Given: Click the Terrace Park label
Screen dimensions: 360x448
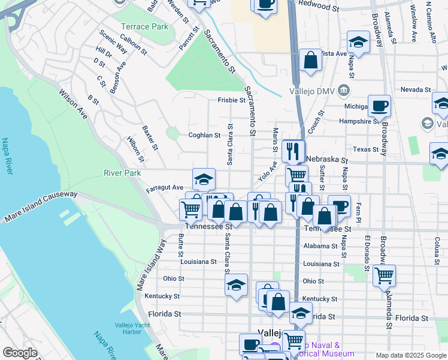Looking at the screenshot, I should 144,27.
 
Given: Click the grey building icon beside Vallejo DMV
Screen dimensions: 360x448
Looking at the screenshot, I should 344,91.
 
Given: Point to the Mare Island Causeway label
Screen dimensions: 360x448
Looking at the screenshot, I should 40,207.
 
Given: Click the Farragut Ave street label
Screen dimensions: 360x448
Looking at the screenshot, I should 165,188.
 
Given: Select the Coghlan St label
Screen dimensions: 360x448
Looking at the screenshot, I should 205,136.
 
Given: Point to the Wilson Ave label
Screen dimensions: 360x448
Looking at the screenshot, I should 73,103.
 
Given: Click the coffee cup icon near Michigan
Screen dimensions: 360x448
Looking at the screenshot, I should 379,106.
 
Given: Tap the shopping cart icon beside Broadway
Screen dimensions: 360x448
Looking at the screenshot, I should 384,275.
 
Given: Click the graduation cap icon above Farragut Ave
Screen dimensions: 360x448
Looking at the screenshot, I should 204,179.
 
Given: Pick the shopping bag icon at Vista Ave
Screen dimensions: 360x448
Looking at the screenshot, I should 310,59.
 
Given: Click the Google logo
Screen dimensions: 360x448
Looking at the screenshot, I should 20,353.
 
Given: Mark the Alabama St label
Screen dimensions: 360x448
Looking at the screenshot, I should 320,246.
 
